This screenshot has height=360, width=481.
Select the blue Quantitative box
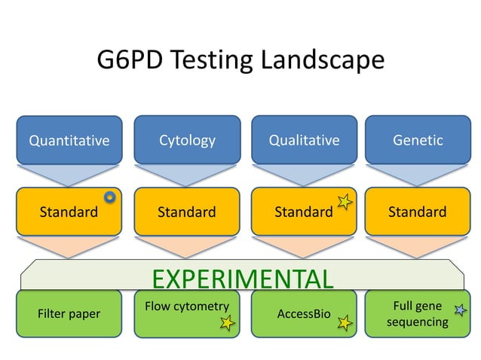(x=69, y=140)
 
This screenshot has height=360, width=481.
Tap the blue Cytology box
(x=187, y=140)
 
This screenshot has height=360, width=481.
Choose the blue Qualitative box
(x=304, y=140)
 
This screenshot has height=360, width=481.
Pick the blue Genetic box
(x=417, y=140)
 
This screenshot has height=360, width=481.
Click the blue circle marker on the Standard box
(x=110, y=197)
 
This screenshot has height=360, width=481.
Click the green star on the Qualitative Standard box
(x=345, y=201)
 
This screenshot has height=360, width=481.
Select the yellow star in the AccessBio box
(x=345, y=324)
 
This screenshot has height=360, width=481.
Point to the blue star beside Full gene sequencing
(x=459, y=309)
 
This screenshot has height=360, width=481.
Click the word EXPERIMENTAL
(x=242, y=279)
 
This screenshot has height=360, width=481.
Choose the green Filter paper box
(x=69, y=313)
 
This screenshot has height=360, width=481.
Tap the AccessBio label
(x=304, y=313)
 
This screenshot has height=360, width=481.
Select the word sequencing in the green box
(x=417, y=322)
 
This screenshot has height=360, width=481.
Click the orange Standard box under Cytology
(x=187, y=212)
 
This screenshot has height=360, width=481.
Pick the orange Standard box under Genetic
(x=417, y=212)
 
